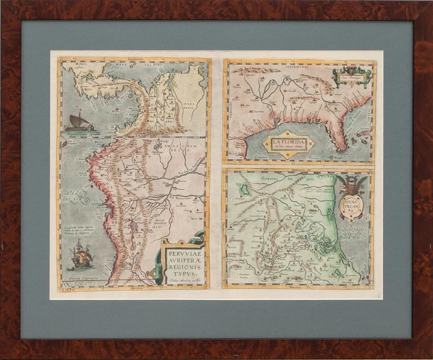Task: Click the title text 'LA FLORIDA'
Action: point(288,143)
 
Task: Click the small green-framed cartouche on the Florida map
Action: point(352,75)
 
